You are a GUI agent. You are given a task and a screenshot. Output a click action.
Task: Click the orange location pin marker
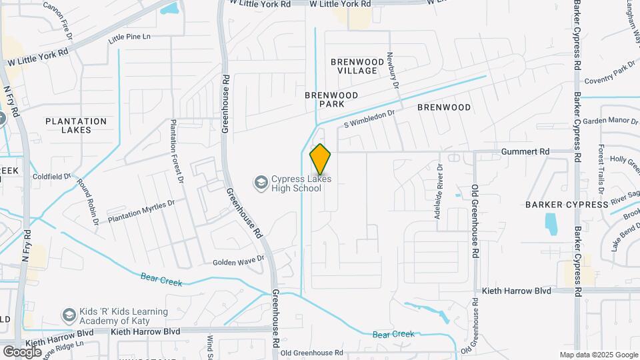tap(321, 159)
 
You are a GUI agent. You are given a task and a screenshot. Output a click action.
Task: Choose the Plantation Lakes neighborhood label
tap(75, 125)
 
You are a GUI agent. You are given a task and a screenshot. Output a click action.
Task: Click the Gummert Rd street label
tap(525, 152)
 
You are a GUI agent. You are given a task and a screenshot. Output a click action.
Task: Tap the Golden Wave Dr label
tap(235, 262)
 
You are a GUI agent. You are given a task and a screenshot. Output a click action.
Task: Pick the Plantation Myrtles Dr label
tap(141, 210)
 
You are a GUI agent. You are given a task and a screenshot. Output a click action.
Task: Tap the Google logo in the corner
tap(22, 351)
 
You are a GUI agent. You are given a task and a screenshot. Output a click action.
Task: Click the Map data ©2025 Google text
tap(599, 355)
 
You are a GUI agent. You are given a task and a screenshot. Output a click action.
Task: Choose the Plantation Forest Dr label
tap(176, 151)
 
